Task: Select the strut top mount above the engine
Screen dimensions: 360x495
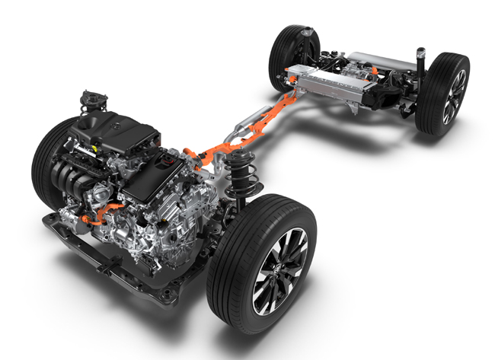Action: point(91,100)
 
